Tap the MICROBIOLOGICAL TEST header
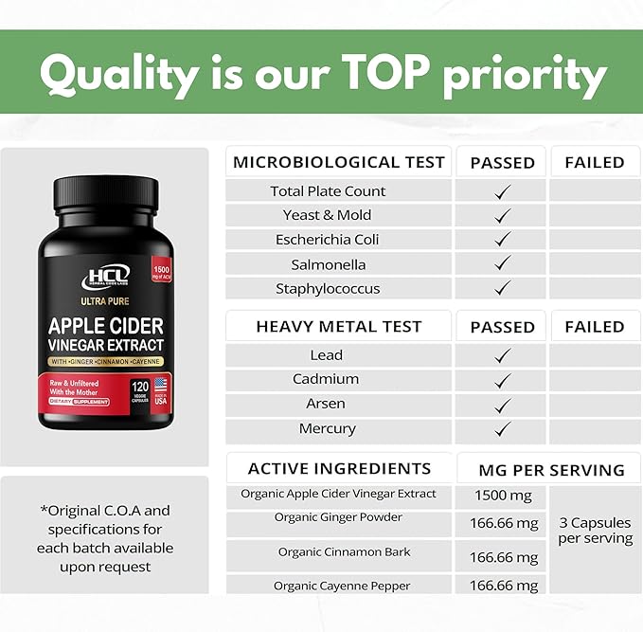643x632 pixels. coord(338,162)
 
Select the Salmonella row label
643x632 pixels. coord(328,264)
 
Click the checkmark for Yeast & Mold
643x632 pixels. coord(503,215)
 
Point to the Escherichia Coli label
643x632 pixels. coord(328,240)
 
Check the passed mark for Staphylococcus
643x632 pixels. coord(503,288)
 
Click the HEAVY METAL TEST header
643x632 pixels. coord(338,327)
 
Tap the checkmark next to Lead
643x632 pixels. coord(503,355)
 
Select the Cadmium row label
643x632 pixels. coord(326,379)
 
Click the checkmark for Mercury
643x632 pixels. coord(503,429)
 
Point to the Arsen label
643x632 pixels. coord(327,404)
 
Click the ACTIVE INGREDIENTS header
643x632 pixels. coord(339,468)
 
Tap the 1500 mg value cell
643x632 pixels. coord(501,496)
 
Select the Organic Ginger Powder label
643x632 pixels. coord(338,517)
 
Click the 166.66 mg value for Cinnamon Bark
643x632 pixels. coord(503,557)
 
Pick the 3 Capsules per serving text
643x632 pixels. coord(595,531)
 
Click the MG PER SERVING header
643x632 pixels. coord(552,470)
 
